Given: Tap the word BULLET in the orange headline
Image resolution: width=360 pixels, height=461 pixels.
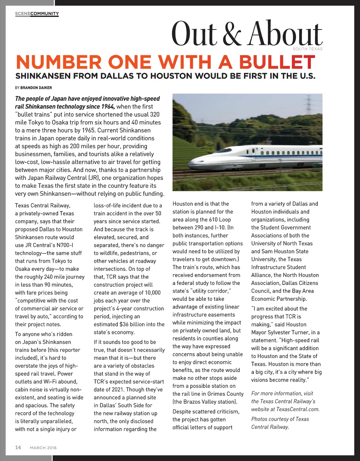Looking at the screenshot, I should click(x=277, y=63).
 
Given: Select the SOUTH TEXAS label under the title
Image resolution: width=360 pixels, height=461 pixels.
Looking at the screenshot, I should click(x=308, y=49).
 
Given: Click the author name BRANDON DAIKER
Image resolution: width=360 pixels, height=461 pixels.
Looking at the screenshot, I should click(x=36, y=88).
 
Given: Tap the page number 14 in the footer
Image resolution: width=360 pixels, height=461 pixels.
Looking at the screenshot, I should click(x=18, y=447).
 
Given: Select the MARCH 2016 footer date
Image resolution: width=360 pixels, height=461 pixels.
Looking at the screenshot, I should click(x=43, y=448).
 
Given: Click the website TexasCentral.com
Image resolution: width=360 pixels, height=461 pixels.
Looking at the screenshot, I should click(x=298, y=409).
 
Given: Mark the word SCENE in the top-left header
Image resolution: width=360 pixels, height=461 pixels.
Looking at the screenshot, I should click(x=22, y=14).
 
